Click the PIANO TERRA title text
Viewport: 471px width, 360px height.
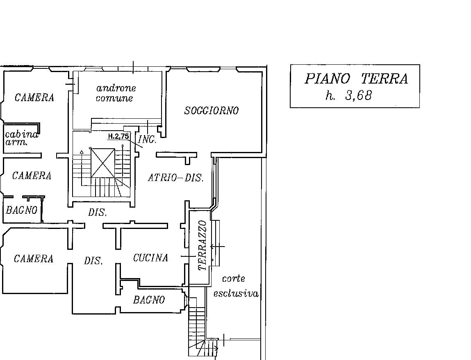click(x=356, y=79)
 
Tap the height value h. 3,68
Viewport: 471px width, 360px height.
click(x=348, y=96)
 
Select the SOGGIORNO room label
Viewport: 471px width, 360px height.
click(x=212, y=111)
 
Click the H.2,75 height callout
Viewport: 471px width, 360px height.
click(x=118, y=136)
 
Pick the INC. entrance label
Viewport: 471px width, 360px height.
click(x=147, y=140)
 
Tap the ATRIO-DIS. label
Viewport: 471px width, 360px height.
click(x=175, y=178)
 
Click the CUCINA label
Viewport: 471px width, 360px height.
click(x=150, y=258)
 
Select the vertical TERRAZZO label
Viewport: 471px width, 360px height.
click(x=202, y=245)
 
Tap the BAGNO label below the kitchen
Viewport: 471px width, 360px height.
click(x=149, y=300)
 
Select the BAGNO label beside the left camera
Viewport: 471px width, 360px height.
click(x=21, y=211)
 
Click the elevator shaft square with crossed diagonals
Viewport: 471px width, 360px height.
click(x=103, y=163)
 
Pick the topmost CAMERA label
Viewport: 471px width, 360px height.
click(x=34, y=98)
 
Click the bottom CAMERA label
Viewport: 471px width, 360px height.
click(x=33, y=259)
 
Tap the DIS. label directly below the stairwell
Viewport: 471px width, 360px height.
click(x=97, y=213)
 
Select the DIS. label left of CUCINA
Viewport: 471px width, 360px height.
click(x=93, y=261)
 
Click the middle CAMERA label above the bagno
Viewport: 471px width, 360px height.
click(x=32, y=176)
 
